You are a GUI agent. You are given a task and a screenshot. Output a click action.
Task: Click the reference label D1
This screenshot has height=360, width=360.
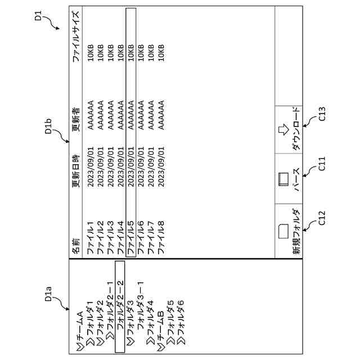tap(38, 16)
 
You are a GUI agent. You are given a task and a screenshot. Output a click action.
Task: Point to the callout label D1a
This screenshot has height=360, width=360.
tap(48, 294)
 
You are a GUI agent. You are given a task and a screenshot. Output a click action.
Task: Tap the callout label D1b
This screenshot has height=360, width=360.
tap(48, 126)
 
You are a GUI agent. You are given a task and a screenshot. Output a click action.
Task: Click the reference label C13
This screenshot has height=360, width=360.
tap(322, 114)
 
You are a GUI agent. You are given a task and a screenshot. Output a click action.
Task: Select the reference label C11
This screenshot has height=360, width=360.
tap(322, 164)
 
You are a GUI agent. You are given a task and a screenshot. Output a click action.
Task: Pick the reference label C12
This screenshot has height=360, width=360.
tap(322, 218)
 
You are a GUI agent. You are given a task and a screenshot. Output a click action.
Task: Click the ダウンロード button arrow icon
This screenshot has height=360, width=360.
tap(283, 129)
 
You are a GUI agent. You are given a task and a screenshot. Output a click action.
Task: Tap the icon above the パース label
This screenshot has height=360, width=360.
tap(283, 179)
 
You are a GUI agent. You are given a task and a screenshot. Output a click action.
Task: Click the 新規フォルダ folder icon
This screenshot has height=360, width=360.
tap(283, 231)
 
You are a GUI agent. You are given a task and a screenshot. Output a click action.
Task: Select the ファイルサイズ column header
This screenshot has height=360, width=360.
tap(76, 36)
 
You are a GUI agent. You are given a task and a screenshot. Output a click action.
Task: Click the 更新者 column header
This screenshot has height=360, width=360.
tap(76, 119)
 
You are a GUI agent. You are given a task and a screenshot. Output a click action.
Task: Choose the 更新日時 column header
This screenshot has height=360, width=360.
tap(76, 171)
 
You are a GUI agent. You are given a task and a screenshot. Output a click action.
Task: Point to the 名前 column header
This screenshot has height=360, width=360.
tap(76, 246)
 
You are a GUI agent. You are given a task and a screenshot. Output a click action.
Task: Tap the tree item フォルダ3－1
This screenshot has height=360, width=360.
tap(141, 307)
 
